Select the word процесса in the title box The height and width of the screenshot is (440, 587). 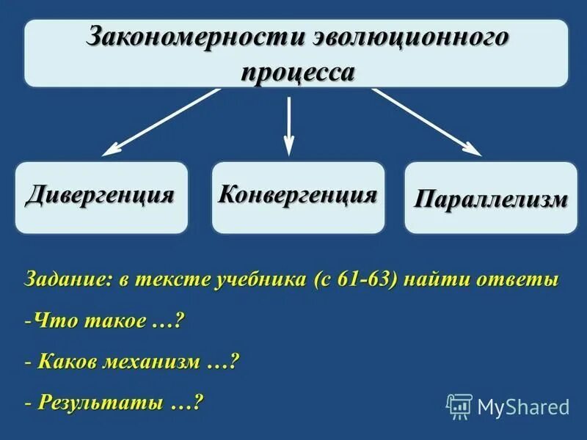[x=298, y=73]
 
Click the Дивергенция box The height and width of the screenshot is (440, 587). [x=101, y=197]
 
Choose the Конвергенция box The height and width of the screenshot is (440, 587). [x=298, y=197]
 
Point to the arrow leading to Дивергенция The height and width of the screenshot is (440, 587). [x=161, y=122]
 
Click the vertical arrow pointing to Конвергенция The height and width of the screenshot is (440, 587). [x=289, y=125]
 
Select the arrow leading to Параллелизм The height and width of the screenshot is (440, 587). [x=426, y=122]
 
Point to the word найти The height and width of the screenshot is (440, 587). [x=436, y=280]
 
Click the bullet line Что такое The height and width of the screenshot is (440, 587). [x=103, y=321]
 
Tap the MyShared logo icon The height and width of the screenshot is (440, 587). [x=459, y=406]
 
